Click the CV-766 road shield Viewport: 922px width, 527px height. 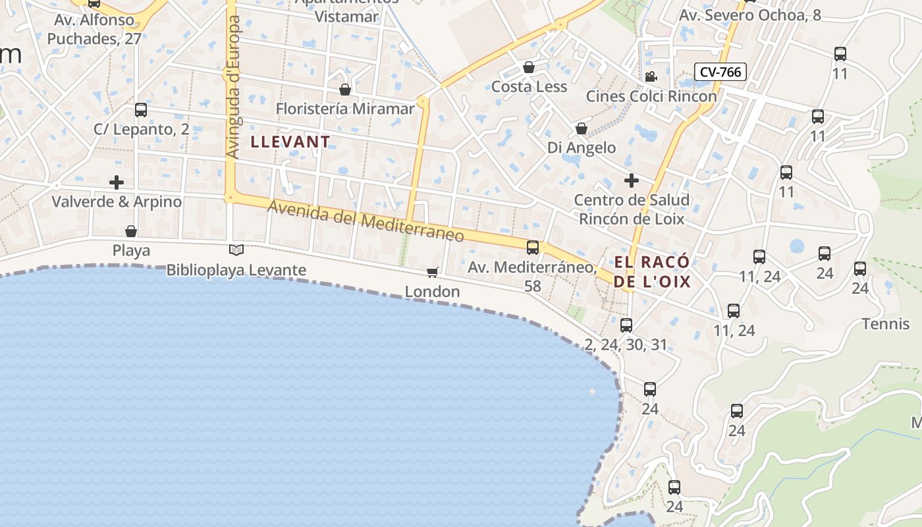pyautogui.click(x=720, y=72)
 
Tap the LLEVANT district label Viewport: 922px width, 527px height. pyautogui.click(x=290, y=142)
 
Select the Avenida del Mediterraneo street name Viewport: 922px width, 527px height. pyautogui.click(x=366, y=221)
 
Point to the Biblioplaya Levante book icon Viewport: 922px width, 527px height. pyautogui.click(x=236, y=250)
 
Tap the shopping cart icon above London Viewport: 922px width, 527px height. pyautogui.click(x=433, y=272)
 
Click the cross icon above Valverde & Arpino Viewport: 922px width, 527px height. pyautogui.click(x=117, y=182)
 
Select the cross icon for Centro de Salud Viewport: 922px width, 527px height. pyautogui.click(x=632, y=180)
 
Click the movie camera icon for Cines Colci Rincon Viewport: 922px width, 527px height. pyautogui.click(x=651, y=76)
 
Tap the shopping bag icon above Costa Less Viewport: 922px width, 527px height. pyautogui.click(x=528, y=67)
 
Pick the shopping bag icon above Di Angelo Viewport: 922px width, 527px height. pyautogui.click(x=582, y=128)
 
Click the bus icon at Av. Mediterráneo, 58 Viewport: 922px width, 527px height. pyautogui.click(x=533, y=248)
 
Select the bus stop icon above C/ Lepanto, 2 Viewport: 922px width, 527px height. pyautogui.click(x=140, y=109)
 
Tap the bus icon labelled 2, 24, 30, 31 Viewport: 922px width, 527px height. pyautogui.click(x=626, y=325)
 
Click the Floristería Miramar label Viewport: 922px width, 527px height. pyautogui.click(x=345, y=109)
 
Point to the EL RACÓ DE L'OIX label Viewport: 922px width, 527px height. pyautogui.click(x=652, y=272)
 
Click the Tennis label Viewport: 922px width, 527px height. pyautogui.click(x=886, y=323)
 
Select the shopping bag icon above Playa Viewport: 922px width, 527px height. pyautogui.click(x=131, y=231)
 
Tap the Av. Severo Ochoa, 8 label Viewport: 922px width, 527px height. pyautogui.click(x=750, y=15)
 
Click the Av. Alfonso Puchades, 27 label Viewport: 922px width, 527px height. pyautogui.click(x=94, y=30)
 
